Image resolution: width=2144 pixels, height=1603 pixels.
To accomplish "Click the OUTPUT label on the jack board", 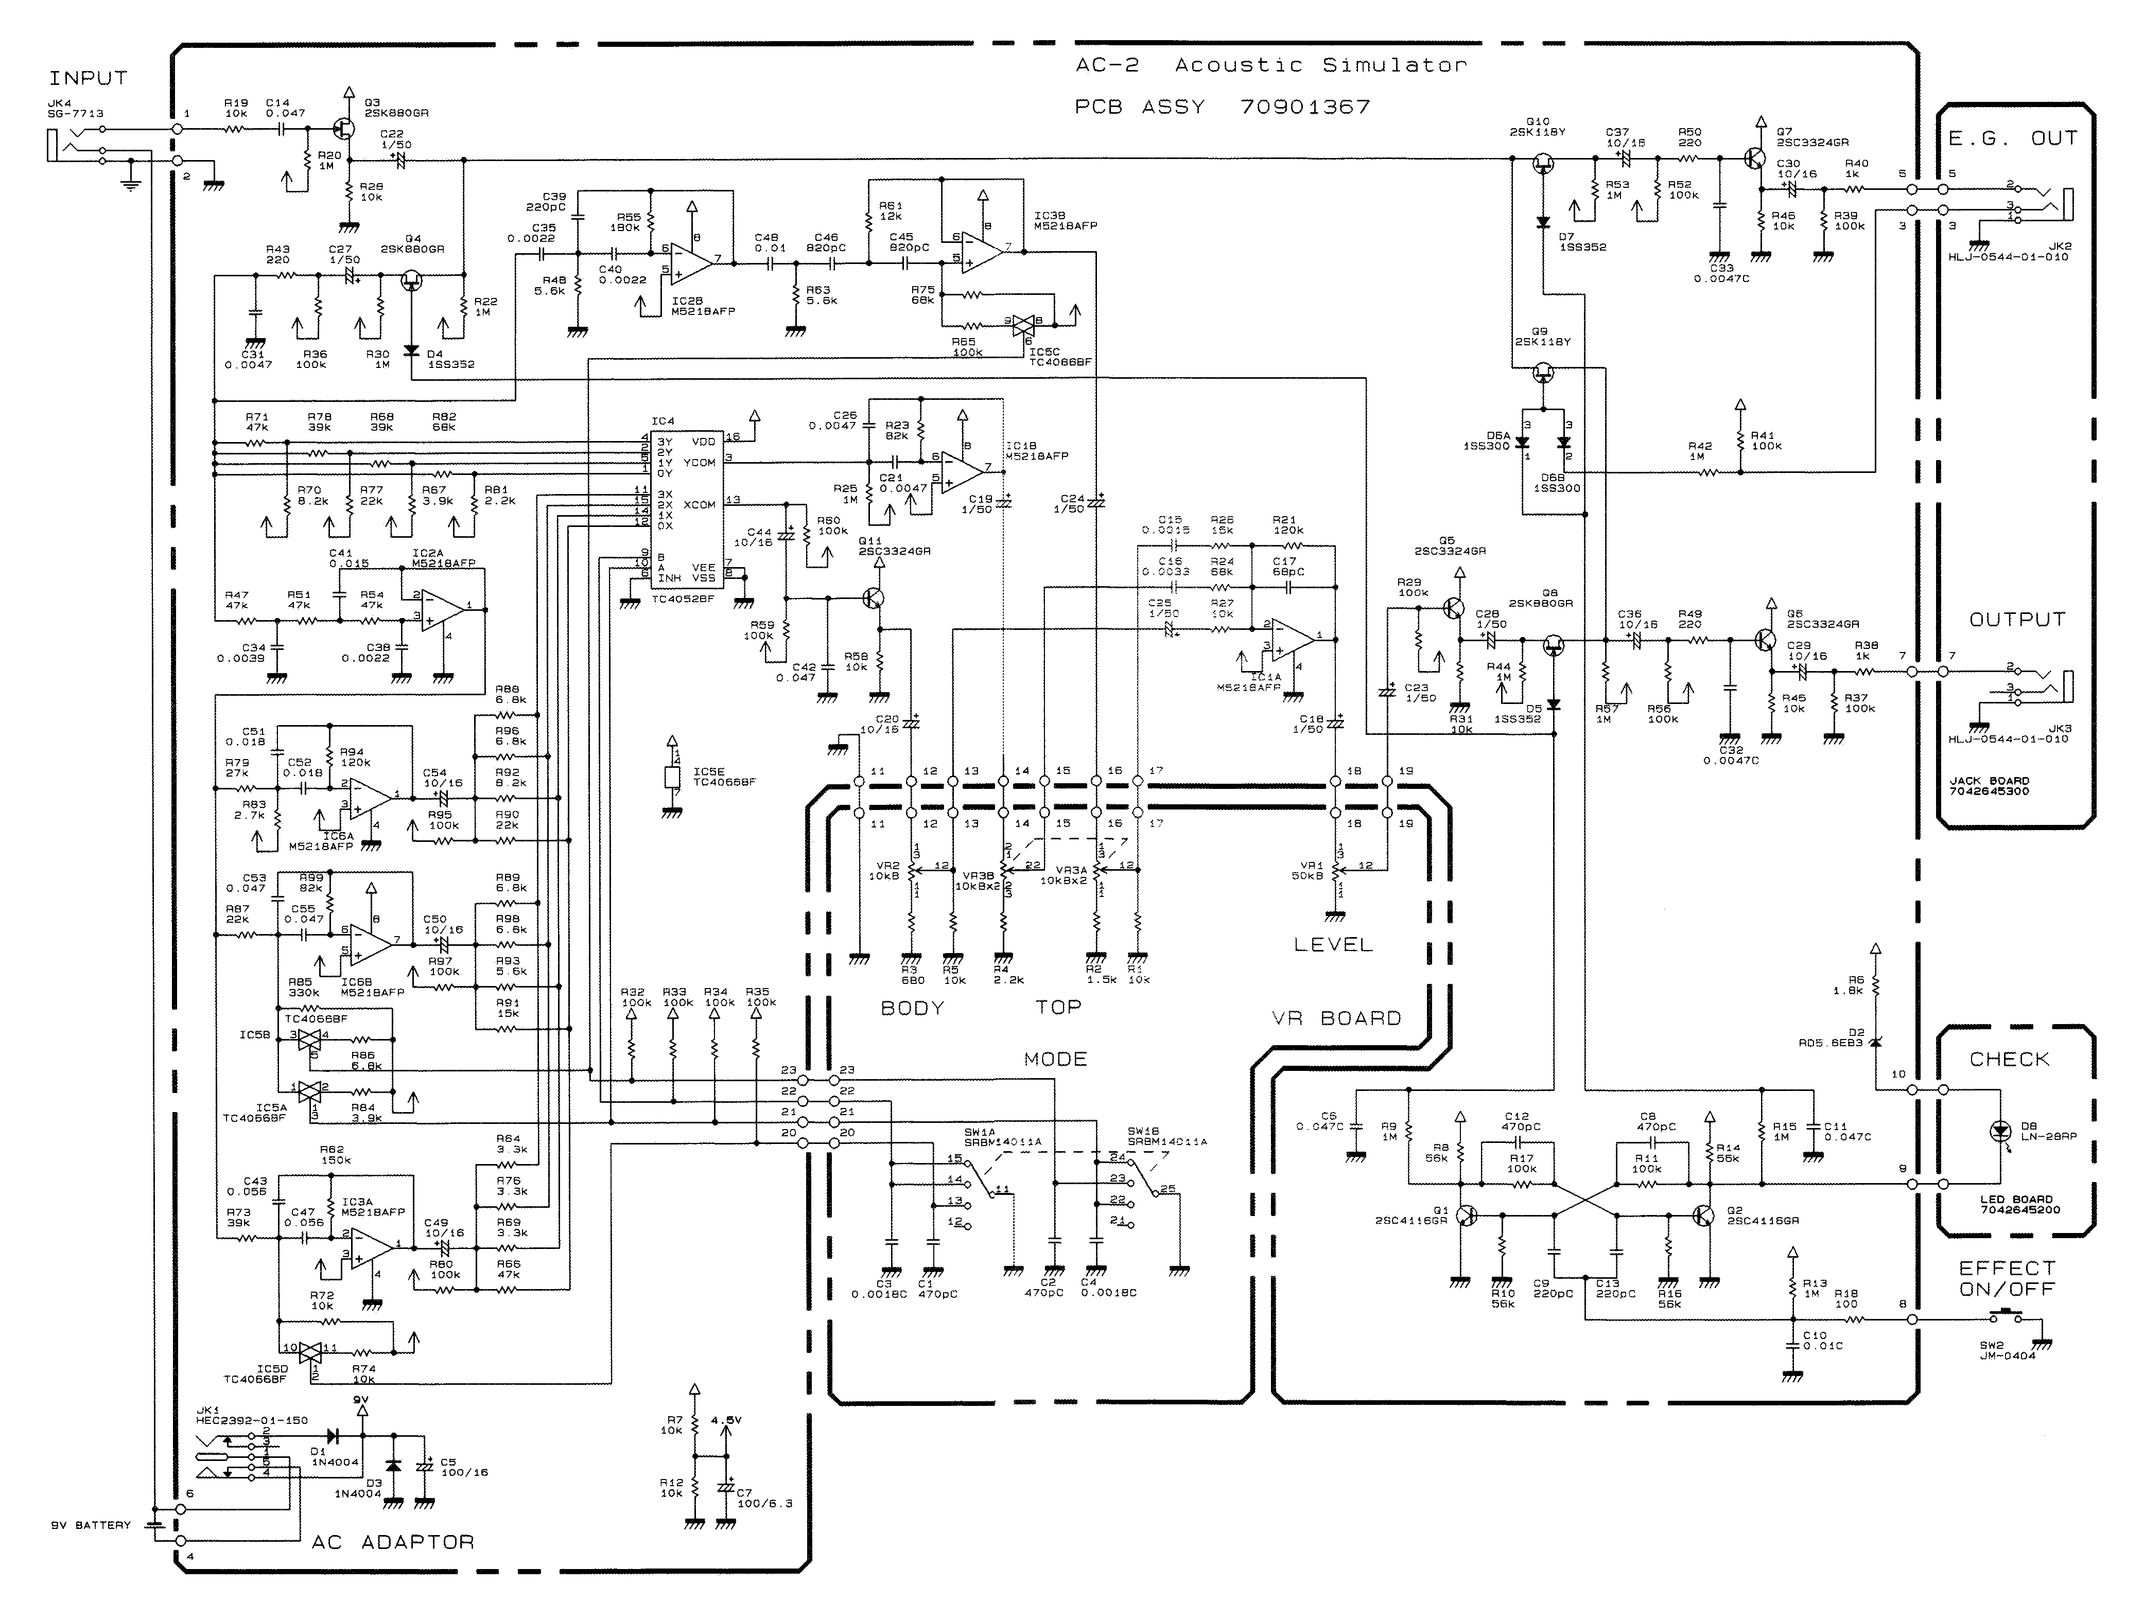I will pyautogui.click(x=2017, y=619).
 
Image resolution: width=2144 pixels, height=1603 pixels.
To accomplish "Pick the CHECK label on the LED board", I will pyautogui.click(x=2009, y=1059).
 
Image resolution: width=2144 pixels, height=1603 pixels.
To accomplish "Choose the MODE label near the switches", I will pyautogui.click(x=1055, y=1059).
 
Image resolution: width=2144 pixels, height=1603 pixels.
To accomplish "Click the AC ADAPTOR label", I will pyautogui.click(x=393, y=1542).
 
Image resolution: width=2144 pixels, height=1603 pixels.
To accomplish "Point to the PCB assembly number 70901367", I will pyautogui.click(x=1304, y=107).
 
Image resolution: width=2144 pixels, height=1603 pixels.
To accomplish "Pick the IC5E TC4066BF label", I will pyautogui.click(x=724, y=777).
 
